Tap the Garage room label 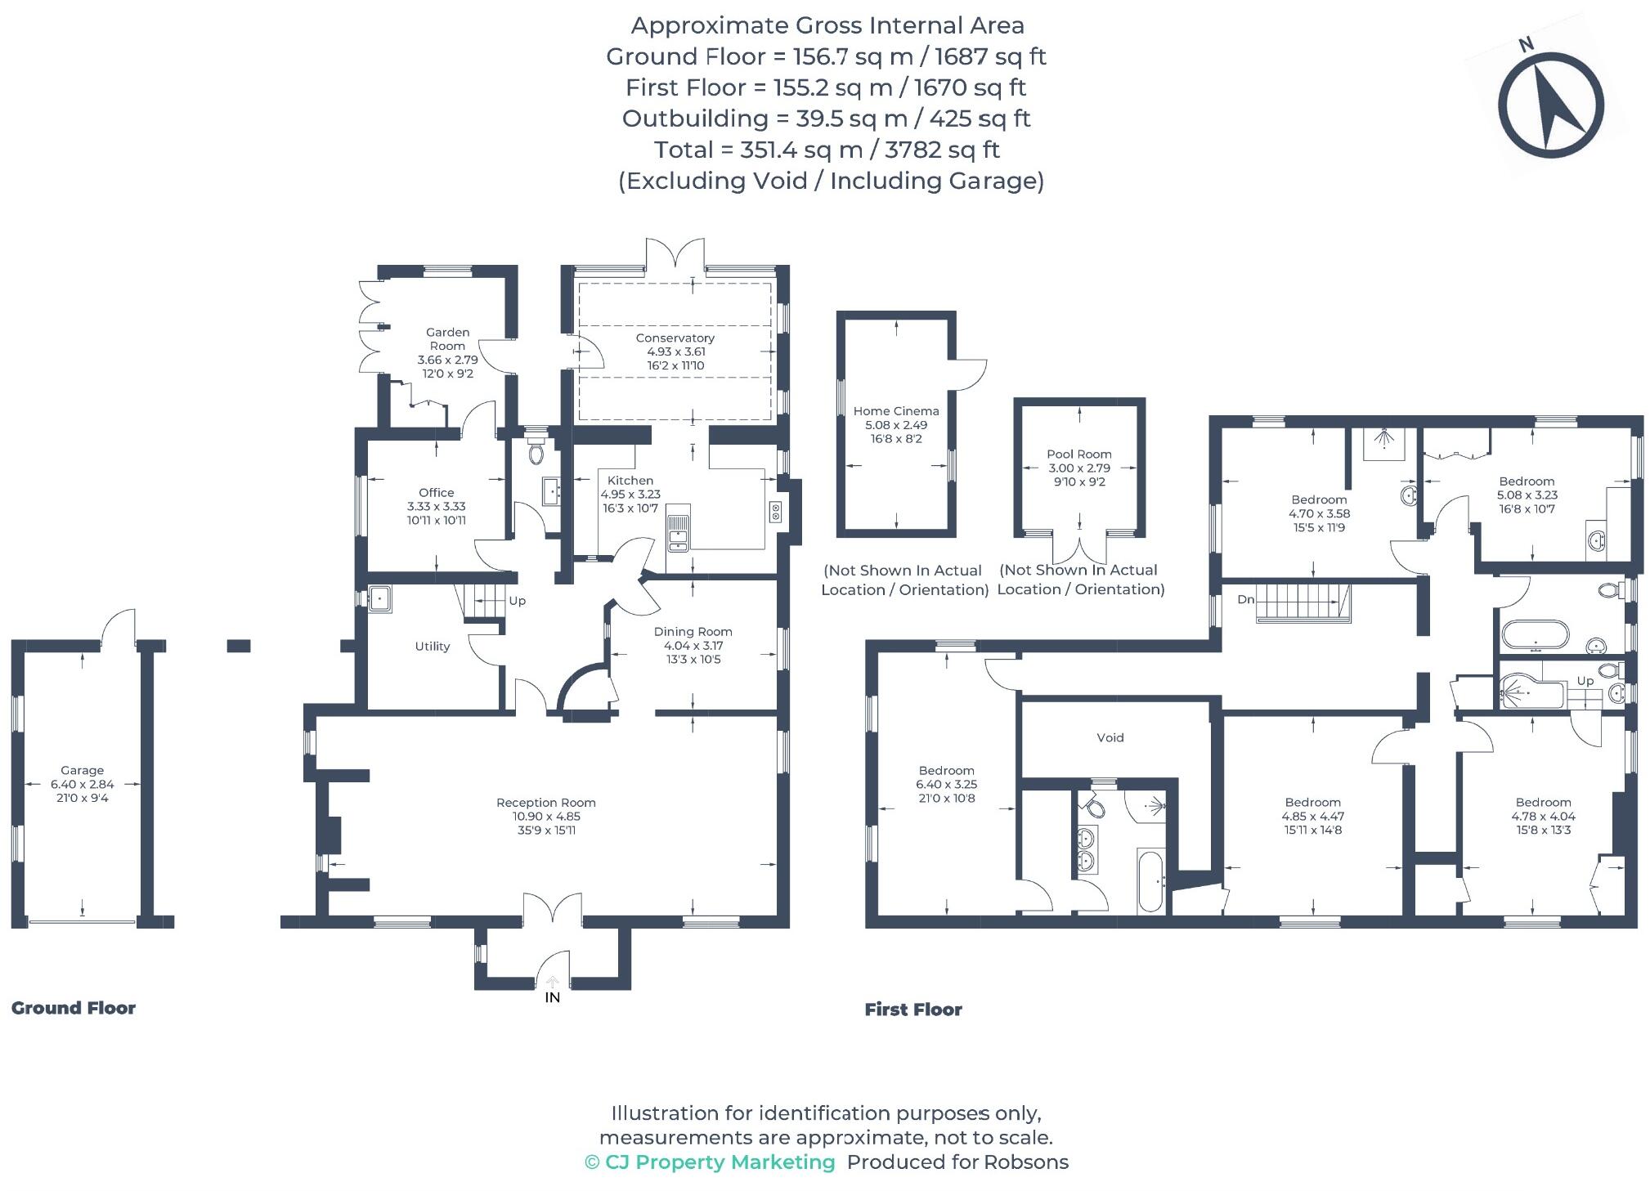click(x=82, y=770)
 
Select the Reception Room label click(x=545, y=803)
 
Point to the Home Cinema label click(x=896, y=411)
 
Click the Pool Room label click(x=1078, y=454)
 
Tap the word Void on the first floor click(x=1110, y=737)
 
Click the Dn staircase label click(x=1245, y=599)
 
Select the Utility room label click(x=432, y=647)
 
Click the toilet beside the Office click(x=536, y=451)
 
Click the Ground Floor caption click(x=74, y=1008)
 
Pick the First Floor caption click(x=913, y=1010)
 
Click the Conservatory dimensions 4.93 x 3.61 click(x=675, y=352)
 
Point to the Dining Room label click(x=693, y=632)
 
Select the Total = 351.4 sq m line click(x=826, y=150)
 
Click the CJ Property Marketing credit click(x=710, y=1162)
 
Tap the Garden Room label click(x=447, y=338)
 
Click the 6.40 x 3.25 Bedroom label click(x=946, y=784)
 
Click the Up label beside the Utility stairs click(x=517, y=601)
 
